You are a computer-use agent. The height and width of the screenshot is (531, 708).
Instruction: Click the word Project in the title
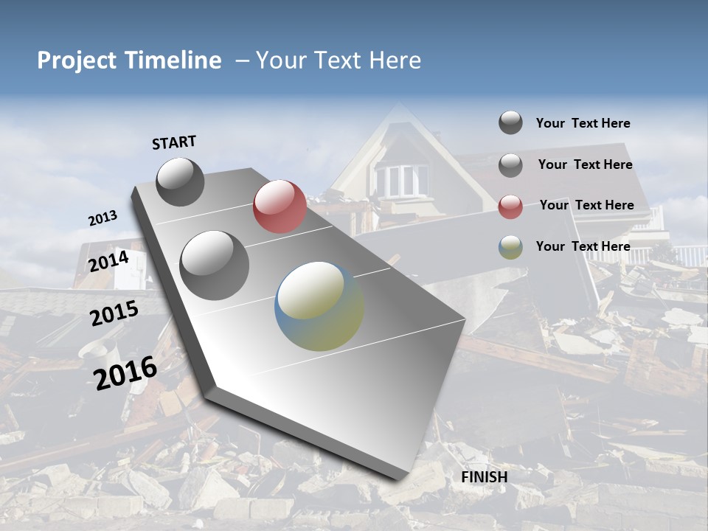pos(76,60)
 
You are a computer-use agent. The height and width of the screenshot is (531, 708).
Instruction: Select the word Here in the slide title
pos(395,60)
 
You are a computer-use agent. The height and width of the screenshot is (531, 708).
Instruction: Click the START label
pos(174,142)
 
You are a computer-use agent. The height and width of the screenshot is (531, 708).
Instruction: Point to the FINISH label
pos(484,477)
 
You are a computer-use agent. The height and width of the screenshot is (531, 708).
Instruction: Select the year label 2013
pos(103,218)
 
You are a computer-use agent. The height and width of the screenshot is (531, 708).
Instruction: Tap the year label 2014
pos(108,261)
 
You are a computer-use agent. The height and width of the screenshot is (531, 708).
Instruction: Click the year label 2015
pos(114,313)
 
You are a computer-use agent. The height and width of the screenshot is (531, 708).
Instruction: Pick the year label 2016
pos(125,372)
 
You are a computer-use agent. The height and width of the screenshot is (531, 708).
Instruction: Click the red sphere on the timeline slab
pos(280,206)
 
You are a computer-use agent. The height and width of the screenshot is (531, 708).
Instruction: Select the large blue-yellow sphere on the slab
pos(319,306)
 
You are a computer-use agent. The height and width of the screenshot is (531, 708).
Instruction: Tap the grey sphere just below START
pos(180,181)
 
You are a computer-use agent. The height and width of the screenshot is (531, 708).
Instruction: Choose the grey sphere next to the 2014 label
pos(214,265)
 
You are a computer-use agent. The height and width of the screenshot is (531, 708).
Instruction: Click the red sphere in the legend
pos(510,206)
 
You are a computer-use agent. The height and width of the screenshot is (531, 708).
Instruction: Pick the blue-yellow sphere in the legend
pos(510,247)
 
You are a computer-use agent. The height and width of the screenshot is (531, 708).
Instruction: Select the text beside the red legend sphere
pos(586,205)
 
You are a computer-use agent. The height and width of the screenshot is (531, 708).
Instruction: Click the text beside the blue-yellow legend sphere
pos(583,246)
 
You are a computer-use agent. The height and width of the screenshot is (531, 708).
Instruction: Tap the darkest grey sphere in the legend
pos(510,122)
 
